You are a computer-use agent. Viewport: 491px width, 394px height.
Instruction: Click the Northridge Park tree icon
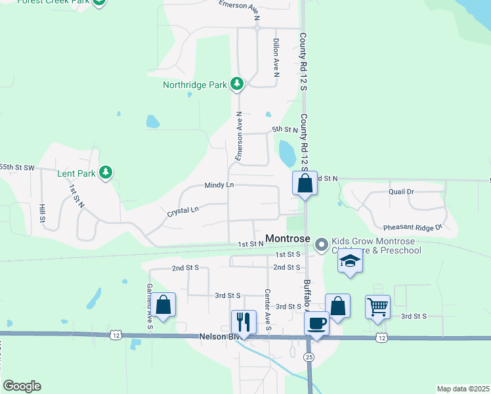(237, 84)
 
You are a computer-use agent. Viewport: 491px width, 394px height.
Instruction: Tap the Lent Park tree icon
(106, 173)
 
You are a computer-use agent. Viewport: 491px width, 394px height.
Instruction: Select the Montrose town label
(287, 238)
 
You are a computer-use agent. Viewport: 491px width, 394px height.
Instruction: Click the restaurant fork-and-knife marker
(244, 322)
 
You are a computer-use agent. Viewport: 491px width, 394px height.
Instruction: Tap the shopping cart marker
(377, 307)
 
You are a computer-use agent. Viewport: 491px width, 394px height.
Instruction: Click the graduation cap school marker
(351, 261)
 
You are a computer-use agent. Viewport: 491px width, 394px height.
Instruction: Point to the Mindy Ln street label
(219, 185)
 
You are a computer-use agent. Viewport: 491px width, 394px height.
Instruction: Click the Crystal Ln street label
(182, 211)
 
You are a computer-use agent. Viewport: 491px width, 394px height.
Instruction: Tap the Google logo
(22, 385)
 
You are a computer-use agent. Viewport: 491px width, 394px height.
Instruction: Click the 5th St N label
(285, 130)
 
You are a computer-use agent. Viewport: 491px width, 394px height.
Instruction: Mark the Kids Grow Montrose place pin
(322, 244)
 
